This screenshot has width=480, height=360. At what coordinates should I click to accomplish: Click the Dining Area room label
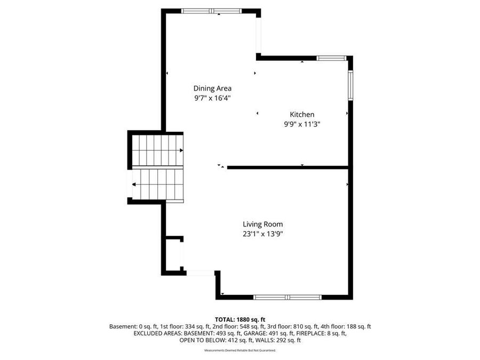[x=212, y=89]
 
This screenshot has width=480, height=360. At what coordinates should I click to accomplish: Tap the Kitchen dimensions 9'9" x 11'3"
[x=302, y=124]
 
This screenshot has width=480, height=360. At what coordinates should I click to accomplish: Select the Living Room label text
[x=262, y=225]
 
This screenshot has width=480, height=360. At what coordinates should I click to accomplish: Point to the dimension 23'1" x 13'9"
[x=262, y=234]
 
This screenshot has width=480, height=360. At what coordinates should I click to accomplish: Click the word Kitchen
[x=302, y=114]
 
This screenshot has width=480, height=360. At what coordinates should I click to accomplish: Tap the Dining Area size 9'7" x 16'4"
[x=212, y=98]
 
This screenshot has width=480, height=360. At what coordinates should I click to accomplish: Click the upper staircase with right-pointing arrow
[x=157, y=150]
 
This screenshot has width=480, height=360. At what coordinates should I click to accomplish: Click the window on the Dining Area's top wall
[x=211, y=11]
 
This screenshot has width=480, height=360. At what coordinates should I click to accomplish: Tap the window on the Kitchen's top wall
[x=332, y=58]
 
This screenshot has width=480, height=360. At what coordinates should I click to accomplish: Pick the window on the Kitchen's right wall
[x=350, y=85]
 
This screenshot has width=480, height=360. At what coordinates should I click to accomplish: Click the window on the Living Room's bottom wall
[x=287, y=297]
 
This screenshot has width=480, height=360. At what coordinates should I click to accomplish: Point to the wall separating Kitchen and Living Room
[x=288, y=167]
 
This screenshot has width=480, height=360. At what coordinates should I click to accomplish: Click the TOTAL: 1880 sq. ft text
[x=240, y=318]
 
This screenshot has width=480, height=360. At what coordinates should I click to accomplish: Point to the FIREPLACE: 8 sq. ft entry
[x=322, y=333]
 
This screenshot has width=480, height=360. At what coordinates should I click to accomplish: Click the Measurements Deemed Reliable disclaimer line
[x=240, y=350]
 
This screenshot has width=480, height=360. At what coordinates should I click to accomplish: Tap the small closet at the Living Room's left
[x=174, y=256]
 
